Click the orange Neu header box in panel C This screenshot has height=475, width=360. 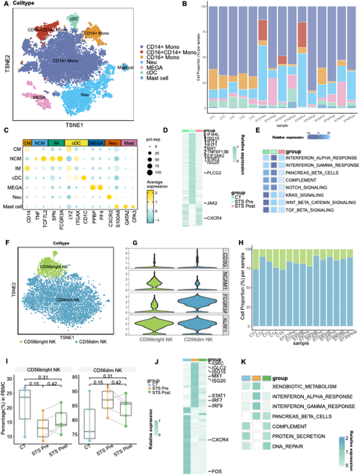(x=108, y=142)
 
